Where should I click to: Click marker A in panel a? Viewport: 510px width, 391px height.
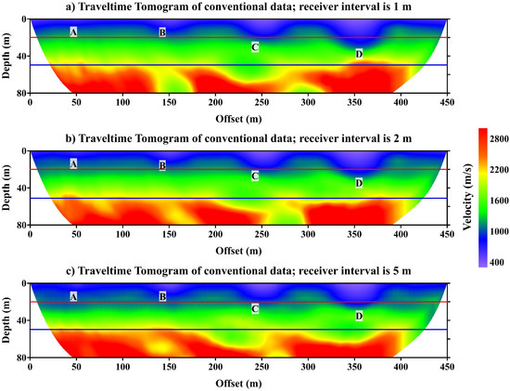tap(73, 33)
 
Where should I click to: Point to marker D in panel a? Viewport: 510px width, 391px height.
tap(359, 54)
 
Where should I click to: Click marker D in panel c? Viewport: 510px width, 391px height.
tap(359, 317)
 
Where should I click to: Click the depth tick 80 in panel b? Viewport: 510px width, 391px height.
tap(20, 226)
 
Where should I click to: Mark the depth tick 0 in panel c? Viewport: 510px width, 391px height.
tap(23, 284)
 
